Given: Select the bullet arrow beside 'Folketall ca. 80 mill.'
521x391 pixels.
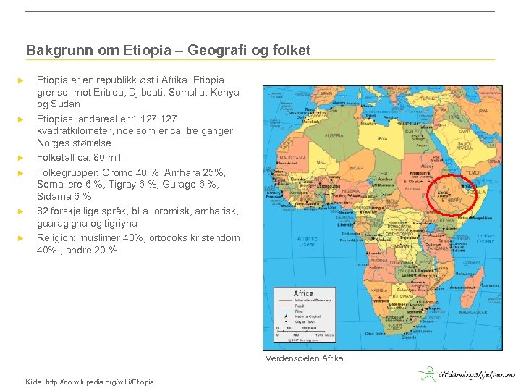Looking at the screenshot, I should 22,157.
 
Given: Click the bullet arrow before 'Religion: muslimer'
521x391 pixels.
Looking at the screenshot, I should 22,237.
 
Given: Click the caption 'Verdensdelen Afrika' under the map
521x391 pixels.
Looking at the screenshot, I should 304,358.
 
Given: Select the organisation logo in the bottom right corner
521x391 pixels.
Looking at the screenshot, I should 466,374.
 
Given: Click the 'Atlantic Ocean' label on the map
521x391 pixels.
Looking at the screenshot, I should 307,240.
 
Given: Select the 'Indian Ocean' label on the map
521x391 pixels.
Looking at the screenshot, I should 486,238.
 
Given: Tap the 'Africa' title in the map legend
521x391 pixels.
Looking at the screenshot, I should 303,293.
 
